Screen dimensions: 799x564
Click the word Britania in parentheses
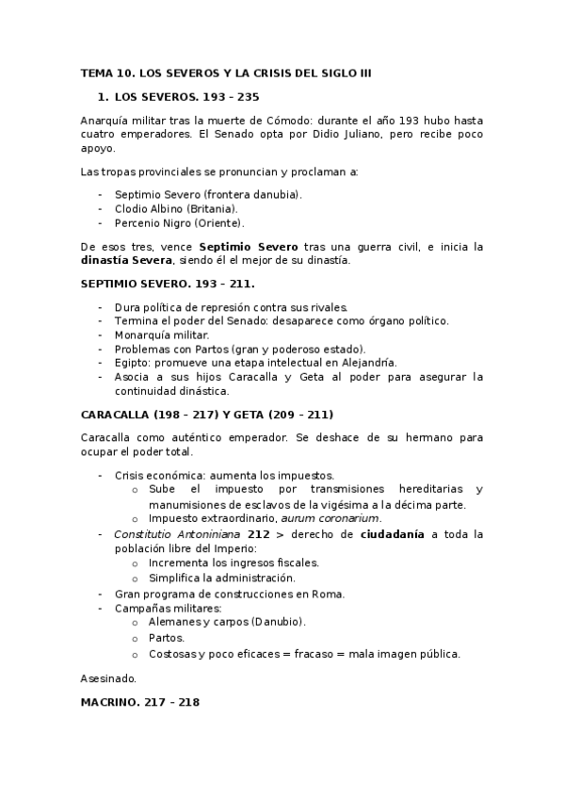212,208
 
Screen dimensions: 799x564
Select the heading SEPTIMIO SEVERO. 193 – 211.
168,284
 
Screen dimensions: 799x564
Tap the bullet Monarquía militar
162,334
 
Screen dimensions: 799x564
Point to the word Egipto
132,363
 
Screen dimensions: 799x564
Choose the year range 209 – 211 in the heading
300,415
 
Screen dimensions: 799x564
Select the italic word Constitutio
146,533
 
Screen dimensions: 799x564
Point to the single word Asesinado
109,678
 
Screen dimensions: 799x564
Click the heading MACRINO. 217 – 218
140,703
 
